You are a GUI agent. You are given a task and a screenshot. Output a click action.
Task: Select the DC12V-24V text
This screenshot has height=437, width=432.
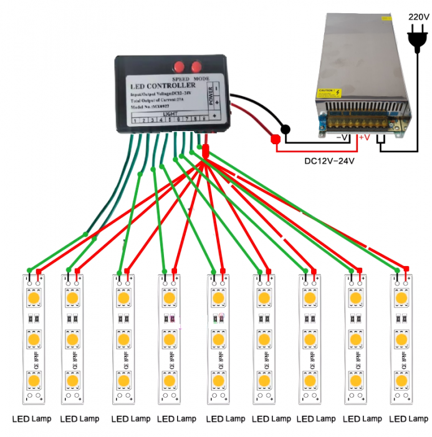click(329, 161)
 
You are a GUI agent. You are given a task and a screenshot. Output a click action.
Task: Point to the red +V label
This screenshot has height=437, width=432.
click(363, 137)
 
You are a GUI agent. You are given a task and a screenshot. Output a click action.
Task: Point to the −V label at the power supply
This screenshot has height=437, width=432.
click(342, 137)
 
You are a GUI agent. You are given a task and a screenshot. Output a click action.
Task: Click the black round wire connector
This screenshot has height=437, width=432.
click(286, 130)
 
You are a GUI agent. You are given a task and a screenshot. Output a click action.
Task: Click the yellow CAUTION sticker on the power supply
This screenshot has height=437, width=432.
click(330, 93)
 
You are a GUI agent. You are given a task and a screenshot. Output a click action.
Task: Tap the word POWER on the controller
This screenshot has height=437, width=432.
click(211, 98)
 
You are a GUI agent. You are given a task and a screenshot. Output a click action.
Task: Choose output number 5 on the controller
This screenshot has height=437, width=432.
click(170, 120)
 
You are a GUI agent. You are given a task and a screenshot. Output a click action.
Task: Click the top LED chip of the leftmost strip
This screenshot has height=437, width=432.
click(32, 299)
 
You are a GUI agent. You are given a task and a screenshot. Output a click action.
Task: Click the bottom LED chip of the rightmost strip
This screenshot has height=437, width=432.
click(400, 380)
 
